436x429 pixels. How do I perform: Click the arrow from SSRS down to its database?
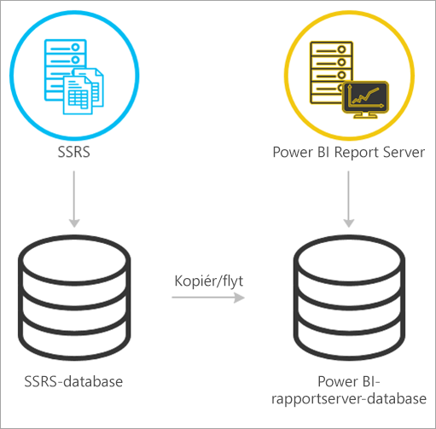click(75, 198)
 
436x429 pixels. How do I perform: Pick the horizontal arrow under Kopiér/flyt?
click(207, 298)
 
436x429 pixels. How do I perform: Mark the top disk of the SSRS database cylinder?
click(75, 258)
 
